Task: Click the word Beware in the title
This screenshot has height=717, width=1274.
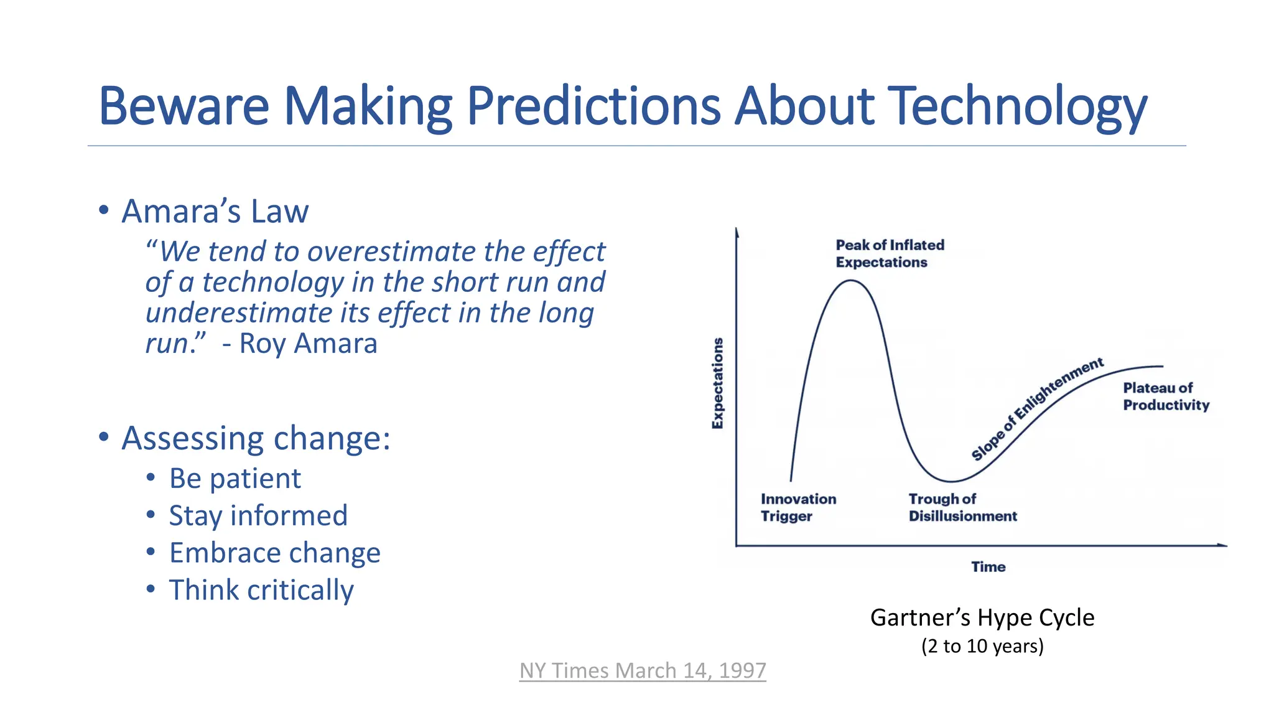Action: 184,106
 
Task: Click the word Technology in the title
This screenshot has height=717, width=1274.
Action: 1016,106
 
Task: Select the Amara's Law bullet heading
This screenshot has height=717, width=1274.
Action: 215,211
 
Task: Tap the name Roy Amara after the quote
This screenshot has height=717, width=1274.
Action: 308,344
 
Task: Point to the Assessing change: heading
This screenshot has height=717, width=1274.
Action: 256,438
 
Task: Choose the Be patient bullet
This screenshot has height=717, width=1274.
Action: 235,479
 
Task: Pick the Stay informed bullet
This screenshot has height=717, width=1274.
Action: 258,516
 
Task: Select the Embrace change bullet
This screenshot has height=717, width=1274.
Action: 274,553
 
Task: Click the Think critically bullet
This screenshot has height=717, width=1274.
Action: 261,590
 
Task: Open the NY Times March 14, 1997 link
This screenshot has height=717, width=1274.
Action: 643,670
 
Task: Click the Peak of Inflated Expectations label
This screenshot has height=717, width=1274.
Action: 889,253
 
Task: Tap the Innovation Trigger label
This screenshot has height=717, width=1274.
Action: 798,507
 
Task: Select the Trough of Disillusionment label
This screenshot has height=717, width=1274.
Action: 962,507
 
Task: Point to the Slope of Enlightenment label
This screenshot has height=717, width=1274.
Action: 1037,409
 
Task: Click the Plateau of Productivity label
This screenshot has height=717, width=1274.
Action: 1165,396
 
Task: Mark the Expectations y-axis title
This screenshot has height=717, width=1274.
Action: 718,383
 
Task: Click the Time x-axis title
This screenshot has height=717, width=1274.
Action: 988,567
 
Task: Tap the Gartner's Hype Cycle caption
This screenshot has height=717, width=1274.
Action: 982,617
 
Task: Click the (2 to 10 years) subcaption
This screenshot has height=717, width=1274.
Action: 982,646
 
